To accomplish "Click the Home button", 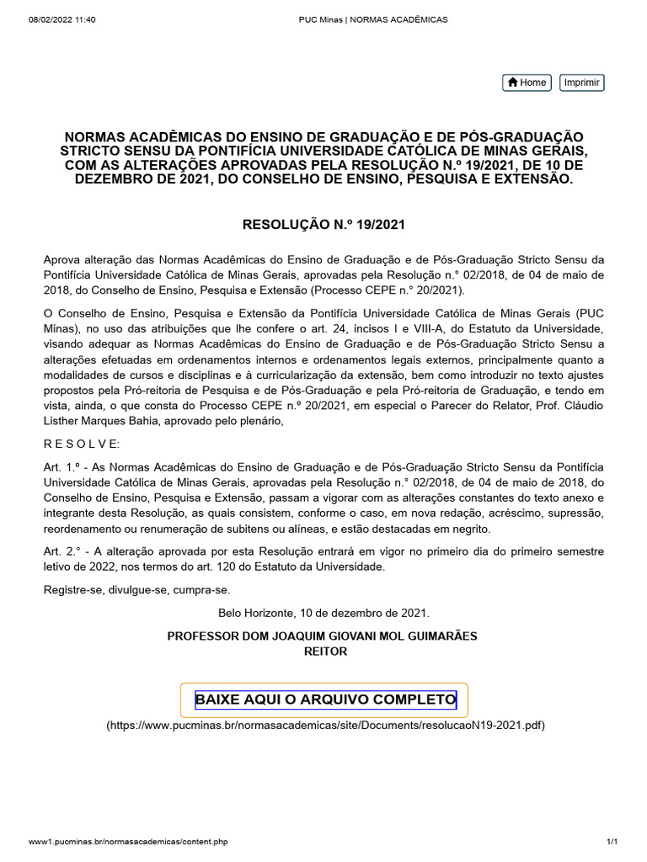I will pyautogui.click(x=527, y=82).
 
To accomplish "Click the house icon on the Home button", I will pyautogui.click(x=512, y=82).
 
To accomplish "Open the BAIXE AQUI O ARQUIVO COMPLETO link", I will pyautogui.click(x=325, y=700).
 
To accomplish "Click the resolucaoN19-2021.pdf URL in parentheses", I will pyautogui.click(x=325, y=726).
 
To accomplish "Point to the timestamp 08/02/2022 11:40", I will pyautogui.click(x=62, y=19).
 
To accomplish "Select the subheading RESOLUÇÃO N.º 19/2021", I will pyautogui.click(x=324, y=225).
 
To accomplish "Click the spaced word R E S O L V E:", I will pyautogui.click(x=82, y=444).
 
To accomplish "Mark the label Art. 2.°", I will pyautogui.click(x=65, y=551).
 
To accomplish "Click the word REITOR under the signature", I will pyautogui.click(x=324, y=651).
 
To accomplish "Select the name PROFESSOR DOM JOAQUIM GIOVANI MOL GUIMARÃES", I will pyautogui.click(x=324, y=636).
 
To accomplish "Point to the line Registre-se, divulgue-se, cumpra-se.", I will pyautogui.click(x=136, y=590).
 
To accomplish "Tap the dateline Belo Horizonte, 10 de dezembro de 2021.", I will pyautogui.click(x=324, y=614).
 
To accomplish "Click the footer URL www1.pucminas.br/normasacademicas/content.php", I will pyautogui.click(x=127, y=842).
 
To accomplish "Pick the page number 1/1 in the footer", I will pyautogui.click(x=612, y=842).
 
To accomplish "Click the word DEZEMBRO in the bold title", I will pyautogui.click(x=118, y=180).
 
